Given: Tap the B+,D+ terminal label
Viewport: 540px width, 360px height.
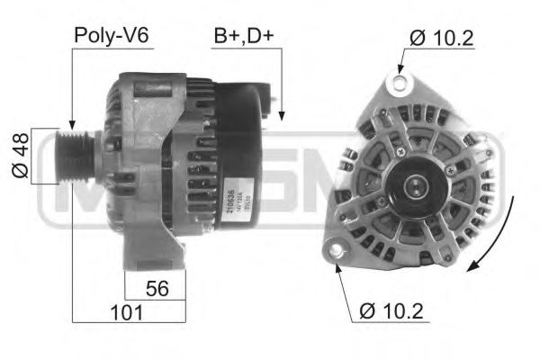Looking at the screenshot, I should pyautogui.click(x=242, y=35).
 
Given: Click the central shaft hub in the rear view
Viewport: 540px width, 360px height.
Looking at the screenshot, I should pyautogui.click(x=415, y=186).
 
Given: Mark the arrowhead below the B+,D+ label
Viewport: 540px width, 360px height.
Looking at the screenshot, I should pyautogui.click(x=282, y=116).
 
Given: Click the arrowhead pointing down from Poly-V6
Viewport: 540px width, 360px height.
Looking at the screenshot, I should pyautogui.click(x=71, y=124).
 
